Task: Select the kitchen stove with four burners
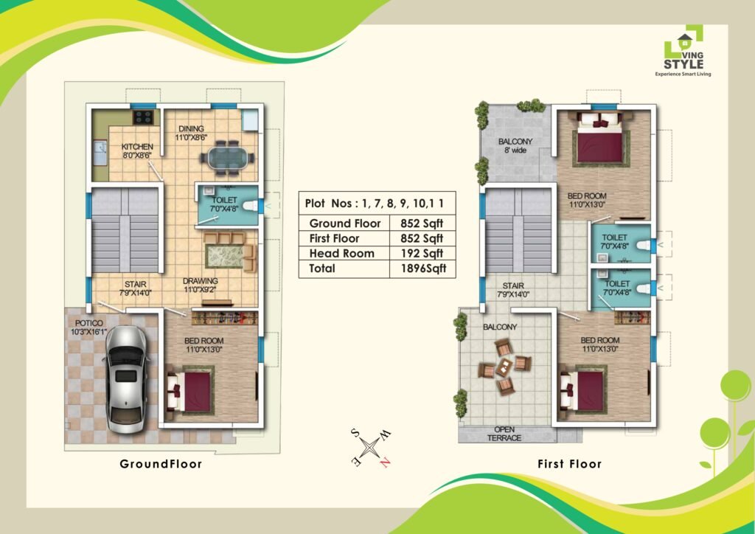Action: pyautogui.click(x=144, y=117)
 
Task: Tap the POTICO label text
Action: pyautogui.click(x=89, y=322)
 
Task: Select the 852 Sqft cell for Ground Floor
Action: pyautogui.click(x=422, y=223)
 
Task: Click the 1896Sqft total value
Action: pyautogui.click(x=423, y=268)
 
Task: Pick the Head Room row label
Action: pyautogui.click(x=341, y=253)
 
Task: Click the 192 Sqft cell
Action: pyautogui.click(x=422, y=253)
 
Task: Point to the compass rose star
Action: pyautogui.click(x=370, y=447)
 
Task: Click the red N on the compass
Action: pyautogui.click(x=384, y=462)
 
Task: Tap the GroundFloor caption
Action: pyautogui.click(x=161, y=464)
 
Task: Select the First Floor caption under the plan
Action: pyautogui.click(x=570, y=464)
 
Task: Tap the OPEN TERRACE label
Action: pyautogui.click(x=504, y=434)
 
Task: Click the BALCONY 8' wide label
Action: pyautogui.click(x=515, y=146)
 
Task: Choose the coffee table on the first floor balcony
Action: pyautogui.click(x=504, y=367)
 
